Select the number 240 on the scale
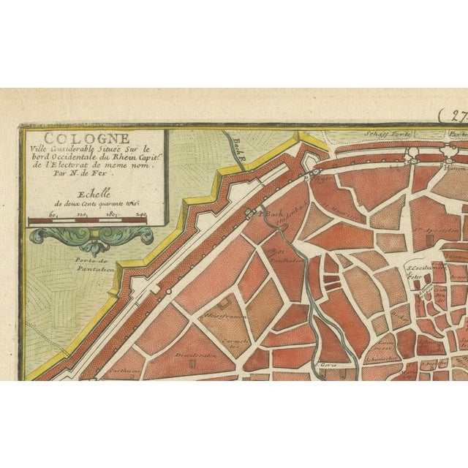click(x=140, y=214)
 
